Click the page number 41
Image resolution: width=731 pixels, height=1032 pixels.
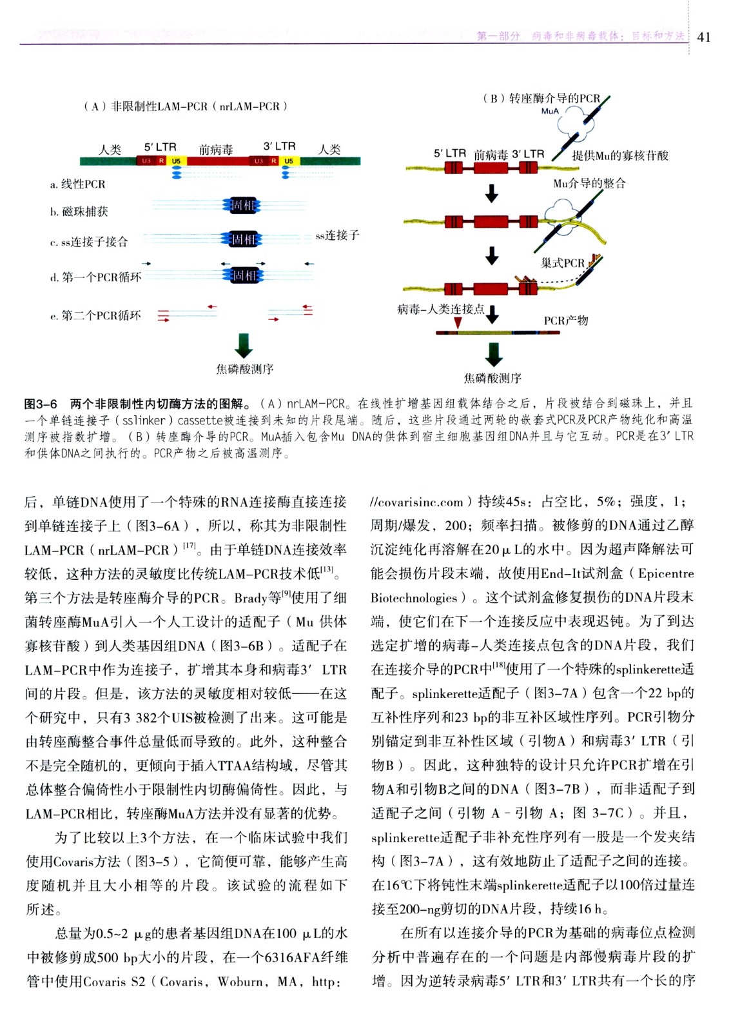[x=704, y=37]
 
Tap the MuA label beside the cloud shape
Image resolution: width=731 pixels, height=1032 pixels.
[x=549, y=111]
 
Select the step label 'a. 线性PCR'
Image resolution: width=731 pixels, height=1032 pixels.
[x=77, y=184]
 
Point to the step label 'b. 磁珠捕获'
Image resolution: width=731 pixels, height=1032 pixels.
[x=79, y=212]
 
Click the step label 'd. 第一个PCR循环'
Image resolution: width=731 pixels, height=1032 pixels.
[x=95, y=277]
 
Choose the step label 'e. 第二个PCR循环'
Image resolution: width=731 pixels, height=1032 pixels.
[x=95, y=315]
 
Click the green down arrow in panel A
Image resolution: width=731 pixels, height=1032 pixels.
[x=244, y=345]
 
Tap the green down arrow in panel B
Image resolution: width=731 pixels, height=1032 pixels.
[x=493, y=353]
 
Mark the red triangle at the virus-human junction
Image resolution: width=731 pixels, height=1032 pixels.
[x=458, y=322]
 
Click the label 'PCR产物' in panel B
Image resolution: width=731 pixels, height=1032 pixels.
[x=565, y=321]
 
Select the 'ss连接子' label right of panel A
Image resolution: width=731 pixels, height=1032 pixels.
[x=336, y=235]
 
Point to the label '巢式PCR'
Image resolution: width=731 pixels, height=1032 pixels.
[x=562, y=263]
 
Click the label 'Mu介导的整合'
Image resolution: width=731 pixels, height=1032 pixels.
[x=589, y=183]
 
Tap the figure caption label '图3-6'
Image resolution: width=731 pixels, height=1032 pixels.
[x=41, y=404]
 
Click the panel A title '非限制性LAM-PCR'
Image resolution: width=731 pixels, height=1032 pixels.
[x=186, y=106]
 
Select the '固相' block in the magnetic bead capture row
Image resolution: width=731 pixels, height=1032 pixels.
[x=243, y=206]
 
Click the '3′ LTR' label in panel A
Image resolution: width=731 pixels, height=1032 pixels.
[x=279, y=146]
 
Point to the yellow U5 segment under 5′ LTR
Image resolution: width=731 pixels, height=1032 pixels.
[x=175, y=161]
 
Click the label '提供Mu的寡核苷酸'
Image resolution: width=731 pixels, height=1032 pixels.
[x=620, y=155]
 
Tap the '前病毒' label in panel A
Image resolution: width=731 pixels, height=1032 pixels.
[x=215, y=150]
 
